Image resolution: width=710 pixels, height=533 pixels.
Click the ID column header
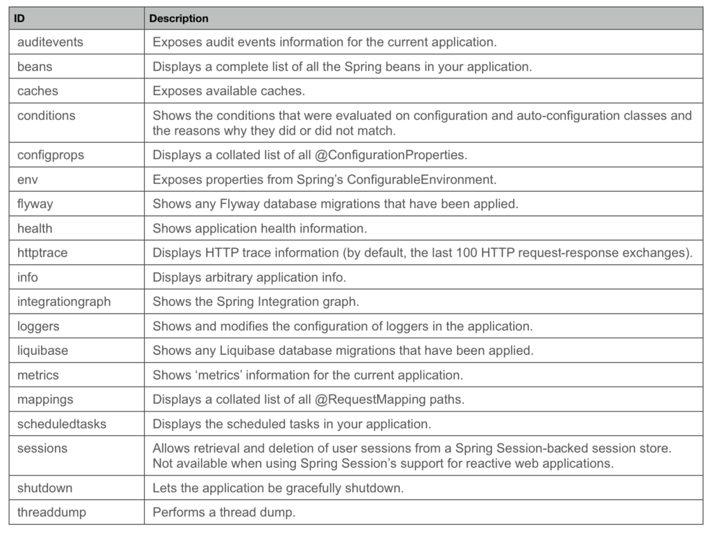[20, 19]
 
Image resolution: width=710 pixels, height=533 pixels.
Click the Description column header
[178, 19]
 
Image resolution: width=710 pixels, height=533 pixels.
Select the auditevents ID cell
[50, 42]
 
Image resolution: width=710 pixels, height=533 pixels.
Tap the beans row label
[35, 67]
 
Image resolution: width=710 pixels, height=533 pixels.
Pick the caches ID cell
[37, 91]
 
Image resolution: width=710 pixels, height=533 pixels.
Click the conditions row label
[46, 115]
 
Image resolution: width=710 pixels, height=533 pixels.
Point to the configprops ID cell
[51, 155]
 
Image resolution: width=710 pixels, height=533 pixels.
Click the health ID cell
[35, 228]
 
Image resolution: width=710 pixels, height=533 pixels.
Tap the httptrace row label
[42, 253]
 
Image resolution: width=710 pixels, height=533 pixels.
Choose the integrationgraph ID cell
[64, 302]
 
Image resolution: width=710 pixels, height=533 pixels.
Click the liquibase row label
[42, 350]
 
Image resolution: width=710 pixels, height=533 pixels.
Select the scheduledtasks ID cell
[62, 423]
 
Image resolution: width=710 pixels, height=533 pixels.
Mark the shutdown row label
[44, 488]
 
